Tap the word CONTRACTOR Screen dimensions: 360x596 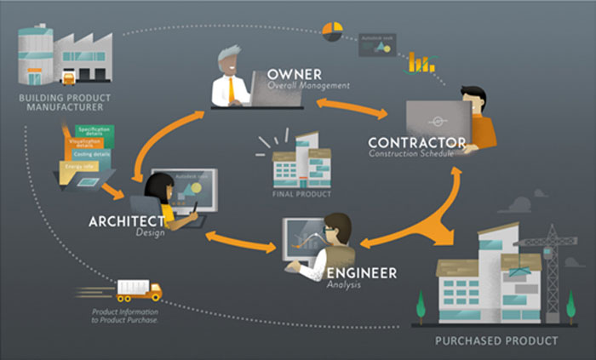click(416, 142)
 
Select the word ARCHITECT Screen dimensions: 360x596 click(125, 221)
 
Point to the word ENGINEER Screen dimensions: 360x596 click(362, 272)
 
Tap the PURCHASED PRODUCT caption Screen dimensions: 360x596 click(496, 340)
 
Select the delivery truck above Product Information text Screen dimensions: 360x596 click(138, 290)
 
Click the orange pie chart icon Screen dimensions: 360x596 click(332, 31)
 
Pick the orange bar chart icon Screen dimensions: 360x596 click(419, 61)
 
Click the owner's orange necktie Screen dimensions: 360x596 click(232, 89)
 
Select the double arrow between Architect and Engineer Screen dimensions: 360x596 click(241, 241)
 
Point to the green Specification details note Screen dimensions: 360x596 click(94, 130)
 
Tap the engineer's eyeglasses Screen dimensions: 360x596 click(333, 229)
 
